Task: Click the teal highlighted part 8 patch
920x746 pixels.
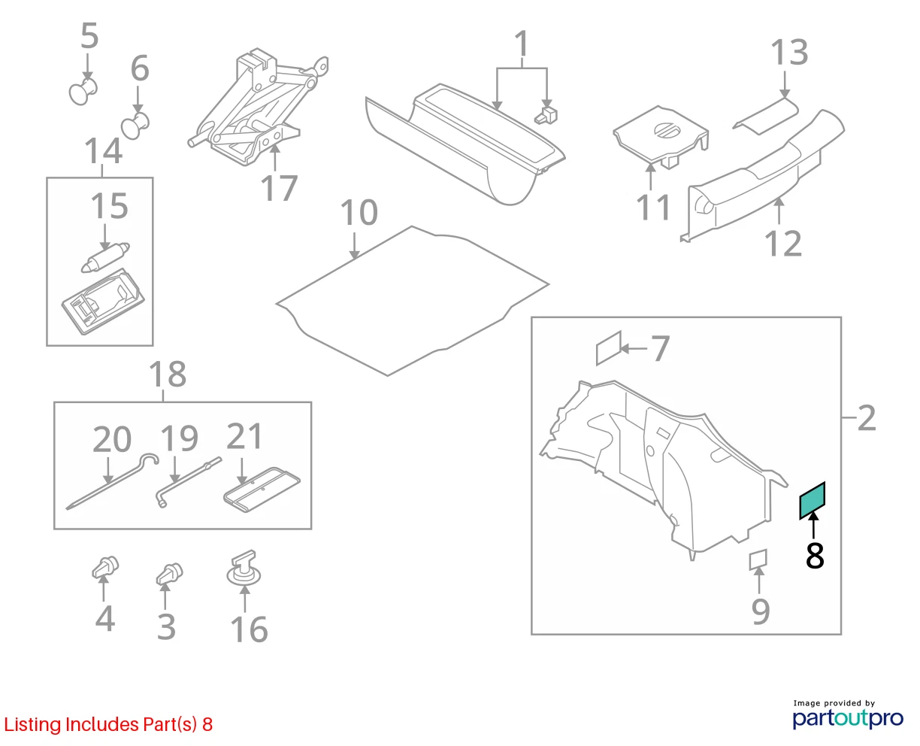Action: click(x=812, y=501)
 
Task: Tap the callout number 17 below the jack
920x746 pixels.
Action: click(x=279, y=188)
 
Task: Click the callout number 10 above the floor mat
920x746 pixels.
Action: click(x=359, y=213)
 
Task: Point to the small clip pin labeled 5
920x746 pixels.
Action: click(x=83, y=91)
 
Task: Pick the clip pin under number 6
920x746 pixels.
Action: click(x=135, y=126)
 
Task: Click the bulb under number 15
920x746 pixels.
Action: click(x=105, y=258)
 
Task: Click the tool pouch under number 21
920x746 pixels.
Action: click(x=262, y=490)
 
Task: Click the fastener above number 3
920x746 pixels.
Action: click(x=169, y=574)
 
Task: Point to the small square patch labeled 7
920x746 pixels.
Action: click(x=609, y=348)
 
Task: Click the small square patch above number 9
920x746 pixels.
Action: click(x=758, y=559)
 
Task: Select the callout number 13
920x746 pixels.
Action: click(x=789, y=53)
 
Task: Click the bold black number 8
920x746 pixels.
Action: click(x=815, y=556)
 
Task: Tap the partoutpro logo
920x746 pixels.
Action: click(x=848, y=719)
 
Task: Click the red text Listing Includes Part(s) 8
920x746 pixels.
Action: click(x=108, y=724)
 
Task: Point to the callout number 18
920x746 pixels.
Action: click(x=168, y=375)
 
